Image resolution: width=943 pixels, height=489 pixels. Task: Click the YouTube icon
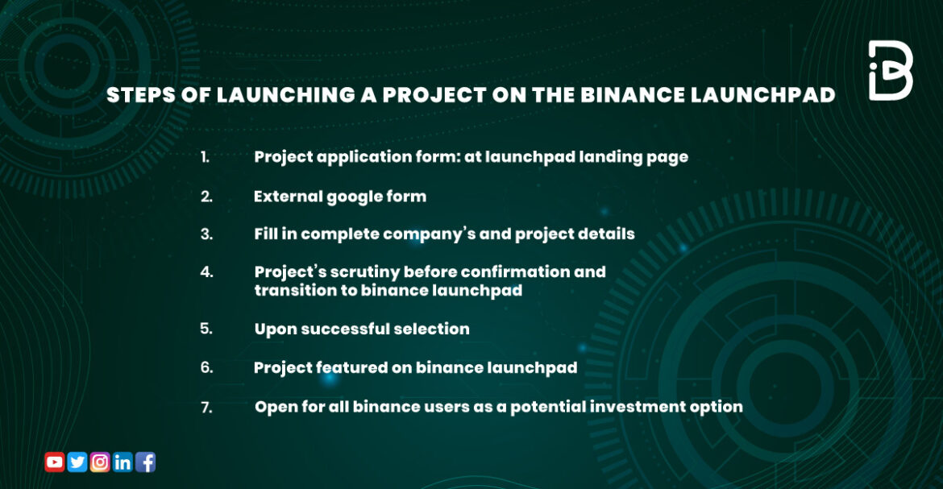coord(55,462)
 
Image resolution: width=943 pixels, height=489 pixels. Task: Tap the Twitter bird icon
coord(77,462)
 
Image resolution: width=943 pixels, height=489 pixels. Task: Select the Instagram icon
coord(100,462)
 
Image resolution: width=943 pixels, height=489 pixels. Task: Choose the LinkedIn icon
coord(123,462)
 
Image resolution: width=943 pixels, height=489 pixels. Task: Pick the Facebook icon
coord(146,462)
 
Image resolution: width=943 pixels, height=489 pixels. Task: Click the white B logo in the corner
coord(890,71)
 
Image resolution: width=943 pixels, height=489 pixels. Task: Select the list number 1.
coord(205,157)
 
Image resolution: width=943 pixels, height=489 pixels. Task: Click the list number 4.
coord(206,271)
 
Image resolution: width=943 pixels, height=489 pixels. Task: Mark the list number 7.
coord(206,408)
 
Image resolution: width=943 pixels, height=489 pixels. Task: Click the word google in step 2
coord(358,196)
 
